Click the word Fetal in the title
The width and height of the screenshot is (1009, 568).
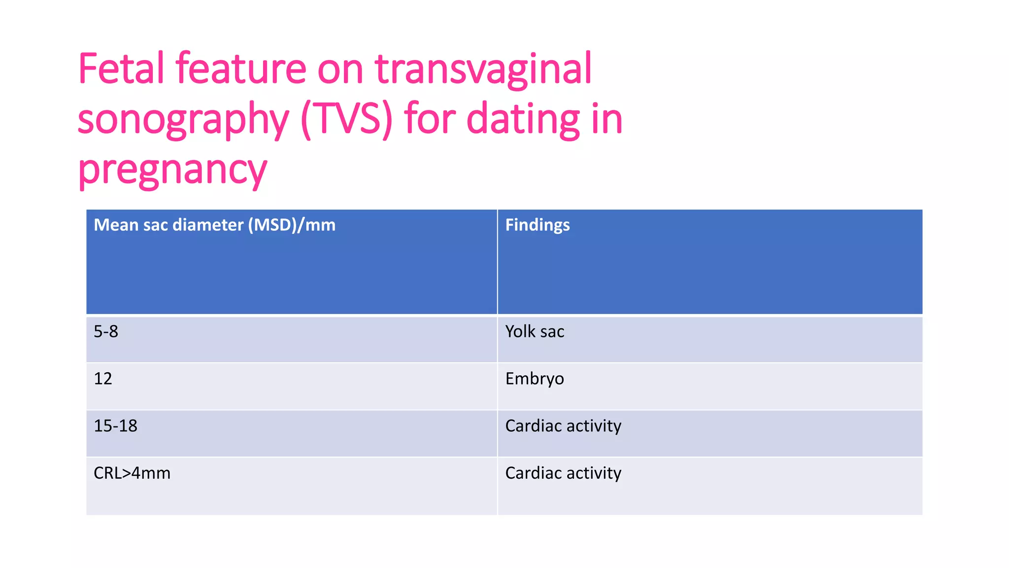click(x=121, y=69)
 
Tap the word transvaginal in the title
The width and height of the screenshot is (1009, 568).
click(x=483, y=70)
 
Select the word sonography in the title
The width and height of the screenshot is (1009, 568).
click(x=183, y=120)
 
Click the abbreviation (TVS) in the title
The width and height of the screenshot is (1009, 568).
click(x=346, y=119)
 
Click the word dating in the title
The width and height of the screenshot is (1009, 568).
click(x=523, y=119)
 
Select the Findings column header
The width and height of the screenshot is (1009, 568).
click(x=537, y=225)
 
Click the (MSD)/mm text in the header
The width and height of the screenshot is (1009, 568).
click(x=292, y=225)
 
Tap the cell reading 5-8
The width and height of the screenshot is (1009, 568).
click(x=106, y=331)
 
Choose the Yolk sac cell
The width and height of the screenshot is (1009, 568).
click(x=535, y=331)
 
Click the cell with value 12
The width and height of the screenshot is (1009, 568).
click(x=103, y=379)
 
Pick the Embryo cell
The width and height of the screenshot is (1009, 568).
click(x=535, y=379)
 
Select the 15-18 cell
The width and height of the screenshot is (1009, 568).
click(x=115, y=426)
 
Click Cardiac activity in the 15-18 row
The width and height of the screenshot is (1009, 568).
click(x=563, y=426)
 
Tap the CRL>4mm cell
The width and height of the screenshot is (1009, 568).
click(x=132, y=473)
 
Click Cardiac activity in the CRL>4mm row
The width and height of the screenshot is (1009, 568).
click(x=563, y=473)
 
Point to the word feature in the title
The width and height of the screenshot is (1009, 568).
click(x=241, y=69)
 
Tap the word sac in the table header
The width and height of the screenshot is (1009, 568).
click(x=155, y=225)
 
